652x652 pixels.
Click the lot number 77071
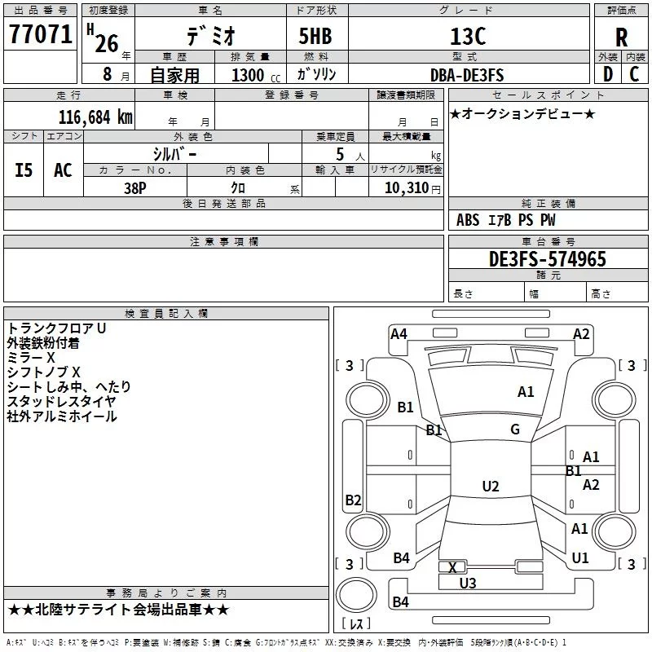coord(40,34)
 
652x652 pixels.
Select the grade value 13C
coord(468,36)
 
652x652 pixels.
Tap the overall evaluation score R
coord(621,37)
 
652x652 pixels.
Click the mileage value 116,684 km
coord(95,117)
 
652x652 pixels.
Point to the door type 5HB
coord(315,36)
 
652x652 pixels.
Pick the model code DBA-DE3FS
coord(467,75)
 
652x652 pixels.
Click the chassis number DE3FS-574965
coord(547,259)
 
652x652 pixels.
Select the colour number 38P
coord(134,188)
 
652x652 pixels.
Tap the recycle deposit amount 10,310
coord(406,188)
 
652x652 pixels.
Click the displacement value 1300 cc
coord(256,75)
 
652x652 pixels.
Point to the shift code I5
coord(24,170)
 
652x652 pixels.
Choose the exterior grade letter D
coord(607,74)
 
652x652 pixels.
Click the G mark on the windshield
coord(515,430)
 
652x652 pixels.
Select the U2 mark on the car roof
coord(491,486)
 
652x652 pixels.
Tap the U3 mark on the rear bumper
coord(467,584)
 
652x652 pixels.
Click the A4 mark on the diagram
coord(399,334)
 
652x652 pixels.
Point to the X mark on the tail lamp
coord(452,567)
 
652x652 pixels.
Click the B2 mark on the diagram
coord(353,500)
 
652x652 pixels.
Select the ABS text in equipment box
coord(468,220)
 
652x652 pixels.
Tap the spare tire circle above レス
coord(356,595)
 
